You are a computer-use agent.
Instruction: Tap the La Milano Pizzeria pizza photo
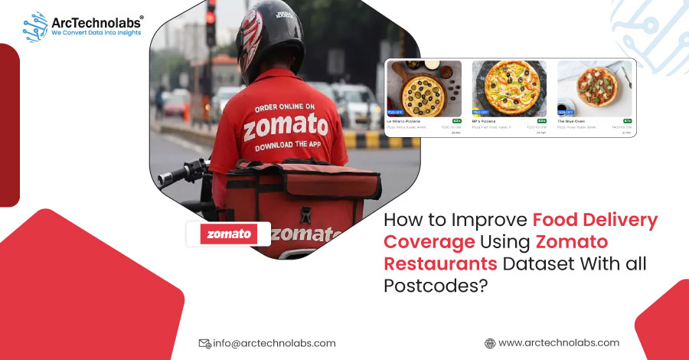click(424, 88)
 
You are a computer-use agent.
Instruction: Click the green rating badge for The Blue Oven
click(626, 121)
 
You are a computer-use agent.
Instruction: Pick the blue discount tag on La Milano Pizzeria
click(396, 112)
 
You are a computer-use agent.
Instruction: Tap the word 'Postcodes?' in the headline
click(434, 284)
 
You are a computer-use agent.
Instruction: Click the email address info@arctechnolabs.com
click(275, 343)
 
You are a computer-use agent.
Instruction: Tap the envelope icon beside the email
click(204, 343)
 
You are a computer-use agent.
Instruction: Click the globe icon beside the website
click(490, 343)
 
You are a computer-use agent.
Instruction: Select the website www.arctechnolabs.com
click(559, 342)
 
